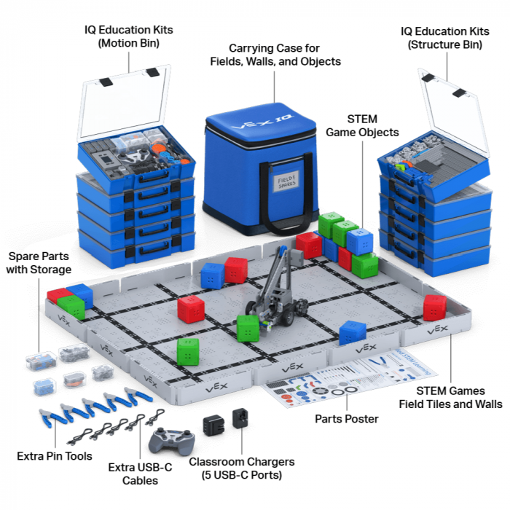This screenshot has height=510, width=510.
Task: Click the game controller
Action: coord(171,439)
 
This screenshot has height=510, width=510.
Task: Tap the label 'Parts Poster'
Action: coord(346,419)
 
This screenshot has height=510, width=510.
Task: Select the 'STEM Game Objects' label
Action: coord(362,125)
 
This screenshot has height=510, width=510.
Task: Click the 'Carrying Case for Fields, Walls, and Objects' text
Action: coord(274,55)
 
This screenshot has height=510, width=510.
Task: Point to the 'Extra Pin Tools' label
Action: coord(55,456)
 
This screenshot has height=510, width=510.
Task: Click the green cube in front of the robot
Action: coord(248,329)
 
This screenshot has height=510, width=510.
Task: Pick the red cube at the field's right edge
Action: coord(435,307)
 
